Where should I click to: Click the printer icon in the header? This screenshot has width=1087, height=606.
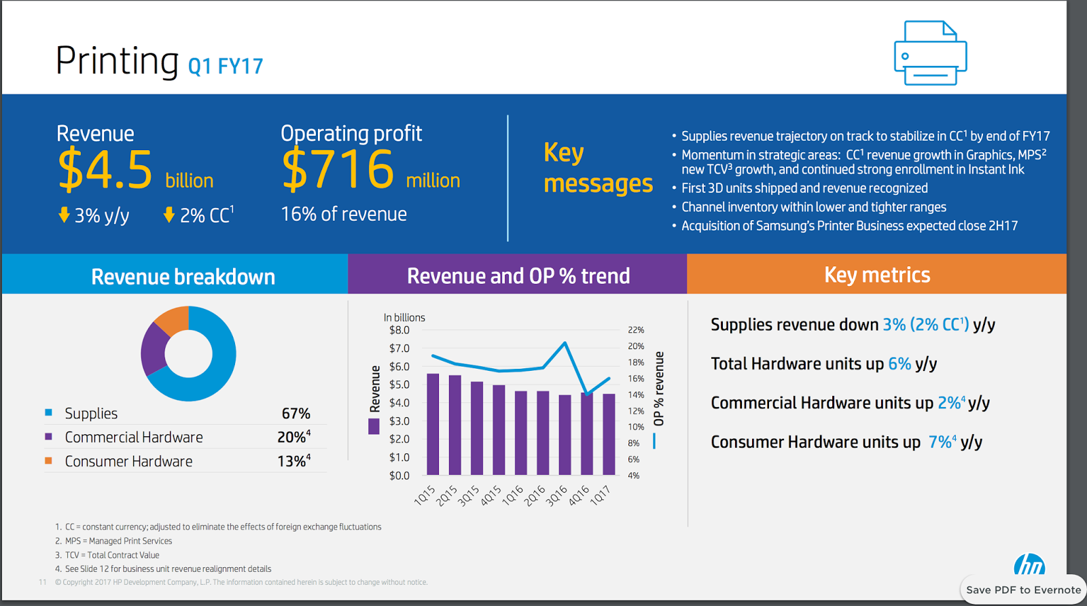click(x=930, y=53)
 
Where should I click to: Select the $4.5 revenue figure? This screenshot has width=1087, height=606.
click(x=105, y=169)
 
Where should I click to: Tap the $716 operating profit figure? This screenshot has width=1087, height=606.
click(x=338, y=169)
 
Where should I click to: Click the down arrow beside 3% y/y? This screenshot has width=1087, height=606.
click(x=64, y=215)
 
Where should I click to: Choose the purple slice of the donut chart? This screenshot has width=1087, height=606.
click(x=153, y=349)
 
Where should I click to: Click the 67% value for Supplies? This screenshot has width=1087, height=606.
click(x=296, y=413)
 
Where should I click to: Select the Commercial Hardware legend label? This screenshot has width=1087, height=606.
click(x=134, y=437)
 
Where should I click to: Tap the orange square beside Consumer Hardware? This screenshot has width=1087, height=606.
click(x=48, y=461)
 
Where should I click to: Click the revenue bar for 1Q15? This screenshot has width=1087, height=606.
click(x=433, y=424)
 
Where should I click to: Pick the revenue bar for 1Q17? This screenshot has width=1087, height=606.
click(x=609, y=434)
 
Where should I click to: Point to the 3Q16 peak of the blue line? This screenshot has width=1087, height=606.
click(x=565, y=343)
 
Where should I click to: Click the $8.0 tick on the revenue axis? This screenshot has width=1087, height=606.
click(x=399, y=330)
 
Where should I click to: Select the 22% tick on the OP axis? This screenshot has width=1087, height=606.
click(x=636, y=330)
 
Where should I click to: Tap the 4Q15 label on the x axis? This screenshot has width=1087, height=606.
click(x=492, y=495)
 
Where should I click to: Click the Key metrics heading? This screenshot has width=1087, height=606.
click(x=877, y=275)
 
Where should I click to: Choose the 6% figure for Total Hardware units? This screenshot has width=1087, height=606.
click(x=899, y=363)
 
